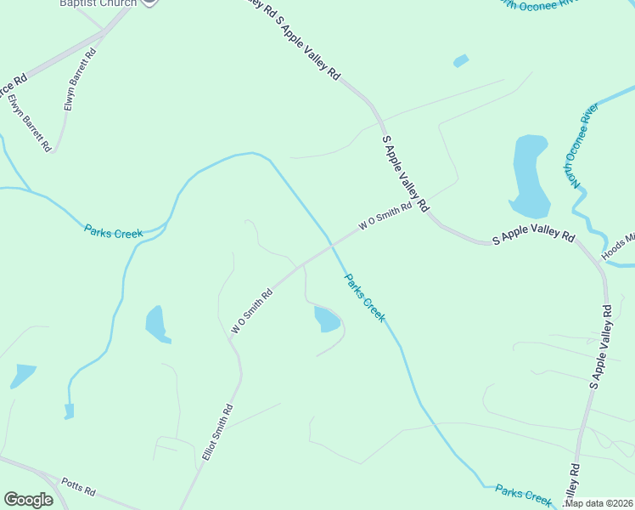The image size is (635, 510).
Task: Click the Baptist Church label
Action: click(x=98, y=3)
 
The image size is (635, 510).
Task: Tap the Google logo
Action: click(x=28, y=500)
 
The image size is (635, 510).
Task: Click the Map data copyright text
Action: click(x=598, y=503)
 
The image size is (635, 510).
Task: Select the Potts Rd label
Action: click(x=79, y=491)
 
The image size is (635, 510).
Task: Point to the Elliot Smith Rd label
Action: click(x=217, y=433)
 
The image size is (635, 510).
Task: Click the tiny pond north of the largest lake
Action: click(x=461, y=61)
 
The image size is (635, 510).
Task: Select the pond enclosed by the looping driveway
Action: click(x=327, y=320)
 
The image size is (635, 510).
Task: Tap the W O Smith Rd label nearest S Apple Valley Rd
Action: click(x=385, y=216)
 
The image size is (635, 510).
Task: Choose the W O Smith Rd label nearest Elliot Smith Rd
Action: click(x=252, y=310)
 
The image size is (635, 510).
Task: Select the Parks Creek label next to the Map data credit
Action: click(x=524, y=493)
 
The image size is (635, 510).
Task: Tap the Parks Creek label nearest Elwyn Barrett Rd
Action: click(x=112, y=229)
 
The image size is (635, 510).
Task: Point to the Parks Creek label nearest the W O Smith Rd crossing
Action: click(x=364, y=297)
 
